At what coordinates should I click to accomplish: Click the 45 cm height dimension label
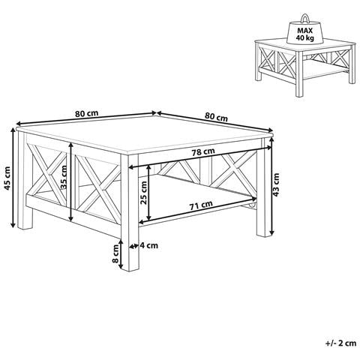(8, 178)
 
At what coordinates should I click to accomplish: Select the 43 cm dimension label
(276, 184)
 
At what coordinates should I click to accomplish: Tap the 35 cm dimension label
(64, 178)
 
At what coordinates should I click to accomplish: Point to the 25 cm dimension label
(144, 193)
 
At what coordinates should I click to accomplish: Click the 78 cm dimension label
(203, 151)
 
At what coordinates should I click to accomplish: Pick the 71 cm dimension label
(201, 205)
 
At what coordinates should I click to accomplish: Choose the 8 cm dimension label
(115, 253)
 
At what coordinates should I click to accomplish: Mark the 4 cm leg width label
(149, 245)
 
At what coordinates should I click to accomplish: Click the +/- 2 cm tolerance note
(341, 343)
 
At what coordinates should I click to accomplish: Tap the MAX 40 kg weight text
(305, 34)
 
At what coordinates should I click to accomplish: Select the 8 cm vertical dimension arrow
(121, 254)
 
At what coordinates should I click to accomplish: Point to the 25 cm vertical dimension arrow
(149, 192)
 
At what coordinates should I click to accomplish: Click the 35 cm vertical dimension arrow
(71, 182)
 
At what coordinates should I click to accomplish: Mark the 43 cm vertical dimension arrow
(272, 187)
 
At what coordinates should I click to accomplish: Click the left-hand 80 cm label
(87, 113)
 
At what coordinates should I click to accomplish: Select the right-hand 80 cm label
(216, 116)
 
